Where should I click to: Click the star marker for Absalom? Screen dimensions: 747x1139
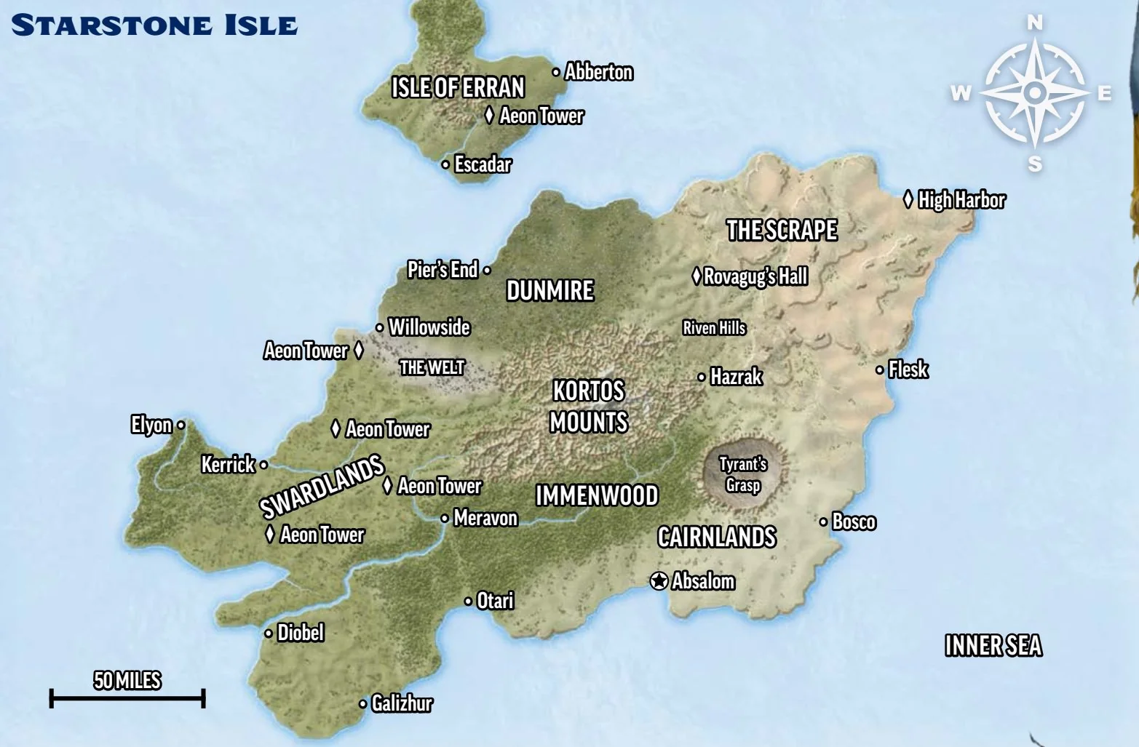pyautogui.click(x=659, y=581)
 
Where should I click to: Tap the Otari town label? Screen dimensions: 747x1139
pyautogui.click(x=495, y=601)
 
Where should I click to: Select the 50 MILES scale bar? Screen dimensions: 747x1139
pyautogui.click(x=127, y=698)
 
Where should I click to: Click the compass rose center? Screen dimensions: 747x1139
pyautogui.click(x=1034, y=93)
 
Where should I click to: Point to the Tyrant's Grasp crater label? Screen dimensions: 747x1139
pyautogui.click(x=742, y=475)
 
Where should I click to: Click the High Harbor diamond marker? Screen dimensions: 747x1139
pyautogui.click(x=908, y=199)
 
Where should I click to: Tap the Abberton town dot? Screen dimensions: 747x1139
pyautogui.click(x=556, y=72)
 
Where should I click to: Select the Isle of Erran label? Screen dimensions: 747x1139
pyautogui.click(x=458, y=88)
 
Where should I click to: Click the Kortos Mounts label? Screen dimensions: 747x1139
pyautogui.click(x=588, y=407)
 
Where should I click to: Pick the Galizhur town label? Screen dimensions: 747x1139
pyautogui.click(x=402, y=704)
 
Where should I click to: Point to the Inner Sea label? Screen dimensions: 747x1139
pyautogui.click(x=993, y=646)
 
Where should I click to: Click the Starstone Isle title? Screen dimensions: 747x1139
pyautogui.click(x=154, y=25)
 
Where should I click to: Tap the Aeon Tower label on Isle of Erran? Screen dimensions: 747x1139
pyautogui.click(x=541, y=116)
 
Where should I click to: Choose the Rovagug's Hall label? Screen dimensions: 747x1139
pyautogui.click(x=755, y=277)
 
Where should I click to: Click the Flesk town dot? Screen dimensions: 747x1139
pyautogui.click(x=879, y=369)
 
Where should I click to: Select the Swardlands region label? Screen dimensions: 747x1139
pyautogui.click(x=322, y=486)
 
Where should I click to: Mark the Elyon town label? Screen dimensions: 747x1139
pyautogui.click(x=151, y=425)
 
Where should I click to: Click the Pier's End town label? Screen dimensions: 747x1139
pyautogui.click(x=442, y=270)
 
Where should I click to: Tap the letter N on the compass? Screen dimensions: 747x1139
pyautogui.click(x=1034, y=23)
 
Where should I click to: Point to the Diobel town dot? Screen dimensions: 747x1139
pyautogui.click(x=268, y=633)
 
